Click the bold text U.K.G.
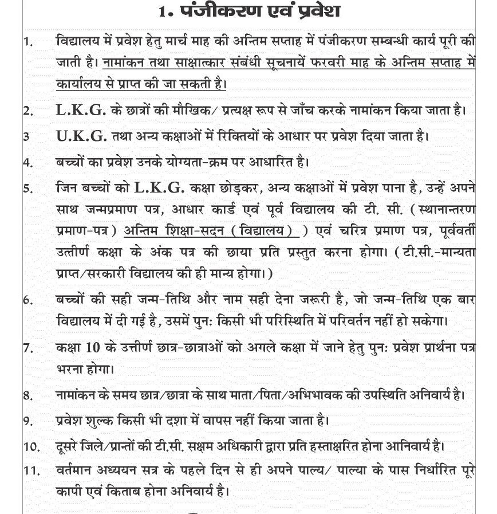pyautogui.click(x=81, y=136)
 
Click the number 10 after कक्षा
pyautogui.click(x=93, y=347)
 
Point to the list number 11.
pyautogui.click(x=31, y=470)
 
